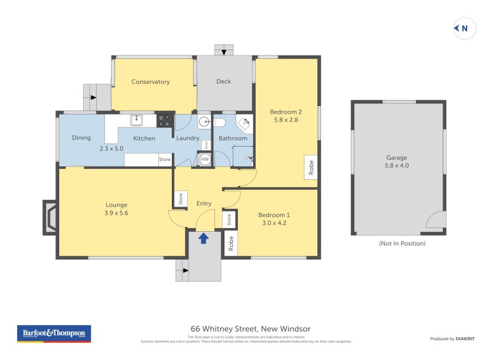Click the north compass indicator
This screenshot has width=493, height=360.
(x=464, y=28)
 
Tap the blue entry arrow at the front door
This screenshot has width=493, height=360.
(x=203, y=238)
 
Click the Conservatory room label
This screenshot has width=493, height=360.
(x=150, y=81)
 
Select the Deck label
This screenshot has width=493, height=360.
(x=224, y=81)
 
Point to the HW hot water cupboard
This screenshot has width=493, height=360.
(x=205, y=158)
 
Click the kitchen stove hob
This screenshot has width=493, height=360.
(x=165, y=120)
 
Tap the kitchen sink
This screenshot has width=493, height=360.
(x=137, y=120)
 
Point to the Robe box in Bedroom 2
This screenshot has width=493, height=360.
(x=311, y=167)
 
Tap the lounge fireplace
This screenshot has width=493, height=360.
(x=49, y=218)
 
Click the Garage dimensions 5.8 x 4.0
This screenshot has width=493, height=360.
(x=397, y=165)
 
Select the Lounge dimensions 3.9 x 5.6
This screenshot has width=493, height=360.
(x=116, y=213)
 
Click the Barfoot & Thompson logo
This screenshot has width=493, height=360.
(x=54, y=333)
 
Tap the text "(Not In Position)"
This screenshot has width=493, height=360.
(x=402, y=243)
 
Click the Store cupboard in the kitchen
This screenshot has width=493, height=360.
(x=165, y=160)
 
